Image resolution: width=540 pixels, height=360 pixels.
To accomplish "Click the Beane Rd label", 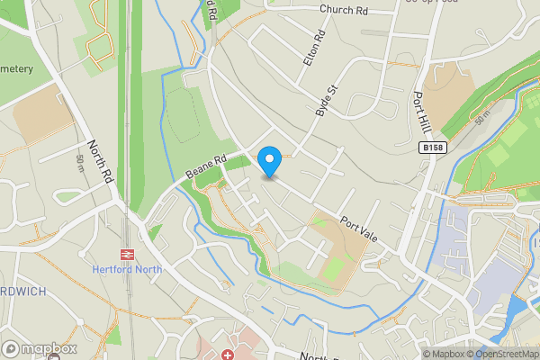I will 206,165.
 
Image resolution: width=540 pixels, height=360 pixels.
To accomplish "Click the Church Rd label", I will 344,10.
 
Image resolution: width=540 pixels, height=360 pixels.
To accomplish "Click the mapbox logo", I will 38,348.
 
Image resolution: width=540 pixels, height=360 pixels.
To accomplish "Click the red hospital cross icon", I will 228,355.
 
